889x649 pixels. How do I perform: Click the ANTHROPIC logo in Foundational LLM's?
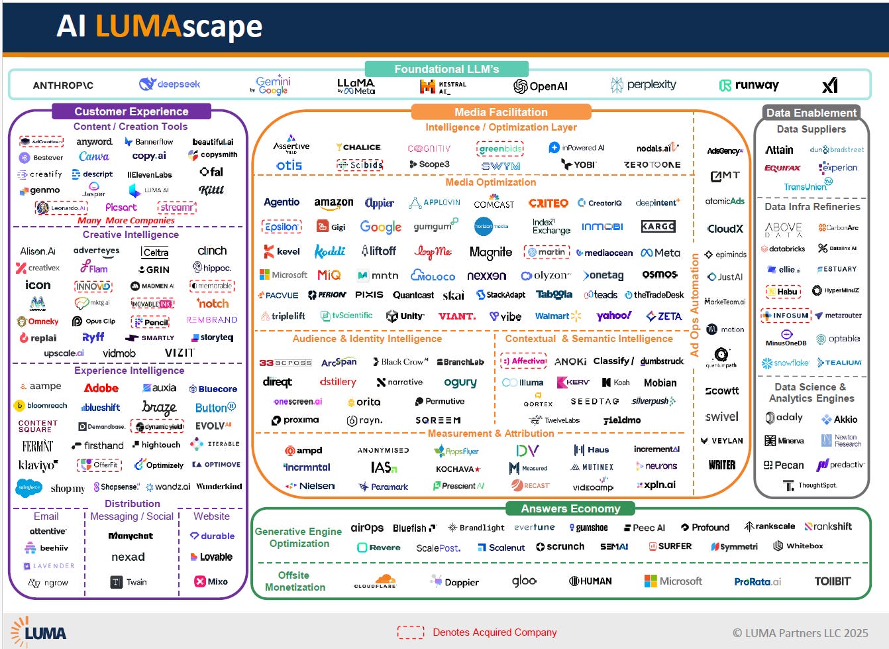click(63, 86)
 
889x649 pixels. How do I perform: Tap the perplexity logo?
click(643, 85)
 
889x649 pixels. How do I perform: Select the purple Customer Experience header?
click(131, 111)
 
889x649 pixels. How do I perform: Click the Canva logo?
click(94, 156)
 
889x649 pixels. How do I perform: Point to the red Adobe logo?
click(101, 388)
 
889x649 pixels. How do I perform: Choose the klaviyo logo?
click(38, 465)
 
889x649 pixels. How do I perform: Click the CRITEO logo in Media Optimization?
click(548, 203)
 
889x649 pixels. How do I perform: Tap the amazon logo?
click(333, 203)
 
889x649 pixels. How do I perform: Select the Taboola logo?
click(554, 294)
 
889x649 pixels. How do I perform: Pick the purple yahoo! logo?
click(613, 316)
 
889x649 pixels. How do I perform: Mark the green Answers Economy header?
click(570, 508)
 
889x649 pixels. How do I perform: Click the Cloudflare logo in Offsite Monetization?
click(375, 581)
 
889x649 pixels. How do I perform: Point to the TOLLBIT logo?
click(832, 581)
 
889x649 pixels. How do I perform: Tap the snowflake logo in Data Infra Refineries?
click(785, 363)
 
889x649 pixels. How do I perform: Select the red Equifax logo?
click(782, 168)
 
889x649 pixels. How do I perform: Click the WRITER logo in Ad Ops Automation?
click(721, 465)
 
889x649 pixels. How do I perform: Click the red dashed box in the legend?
click(411, 632)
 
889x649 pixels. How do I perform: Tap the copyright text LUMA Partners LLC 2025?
click(800, 633)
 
